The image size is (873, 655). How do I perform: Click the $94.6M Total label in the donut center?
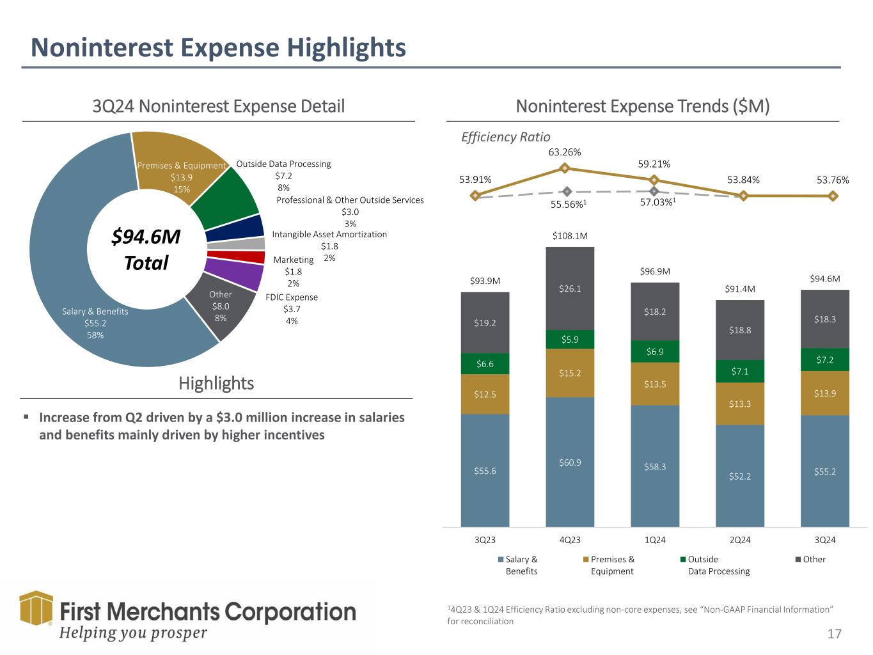(x=146, y=249)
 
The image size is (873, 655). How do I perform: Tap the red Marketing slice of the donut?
(x=236, y=257)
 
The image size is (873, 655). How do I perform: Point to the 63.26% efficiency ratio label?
(x=565, y=152)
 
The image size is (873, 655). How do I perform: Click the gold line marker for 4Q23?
(x=565, y=168)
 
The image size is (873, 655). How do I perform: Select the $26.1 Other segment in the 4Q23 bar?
(x=570, y=288)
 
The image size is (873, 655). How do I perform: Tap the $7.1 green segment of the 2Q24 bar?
(x=740, y=372)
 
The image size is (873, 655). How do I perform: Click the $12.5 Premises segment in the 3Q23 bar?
(x=485, y=394)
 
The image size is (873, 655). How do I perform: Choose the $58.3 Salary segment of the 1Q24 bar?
(x=655, y=466)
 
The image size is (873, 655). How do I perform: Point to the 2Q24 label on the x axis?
(x=740, y=540)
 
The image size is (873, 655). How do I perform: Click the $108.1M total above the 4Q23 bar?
(x=570, y=236)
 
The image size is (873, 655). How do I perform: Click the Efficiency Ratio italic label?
(x=505, y=137)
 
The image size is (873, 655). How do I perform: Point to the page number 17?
(x=834, y=634)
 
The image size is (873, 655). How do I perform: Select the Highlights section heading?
(x=216, y=383)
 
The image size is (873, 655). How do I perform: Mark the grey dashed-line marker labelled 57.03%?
(x=654, y=191)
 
